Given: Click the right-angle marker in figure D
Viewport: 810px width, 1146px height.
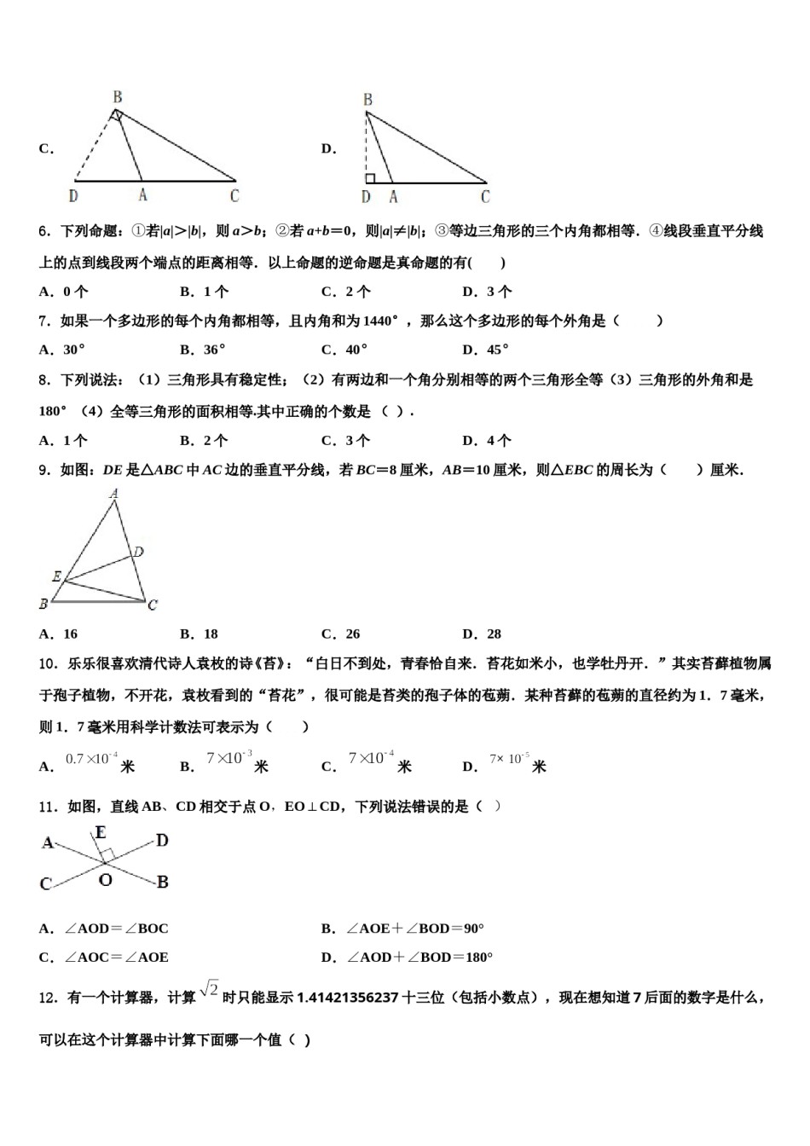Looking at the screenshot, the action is (x=371, y=177).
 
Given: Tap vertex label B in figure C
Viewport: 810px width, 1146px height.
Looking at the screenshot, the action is (x=118, y=97).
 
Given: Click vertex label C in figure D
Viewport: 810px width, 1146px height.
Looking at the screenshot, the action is (x=485, y=197).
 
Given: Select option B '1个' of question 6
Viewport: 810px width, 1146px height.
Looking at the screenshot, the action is (x=205, y=292).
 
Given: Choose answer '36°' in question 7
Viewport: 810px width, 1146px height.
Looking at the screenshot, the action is (x=205, y=349).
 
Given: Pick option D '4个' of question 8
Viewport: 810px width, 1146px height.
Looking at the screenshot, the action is (x=487, y=440).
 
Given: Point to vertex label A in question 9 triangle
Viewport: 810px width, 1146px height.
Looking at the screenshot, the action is (x=114, y=494).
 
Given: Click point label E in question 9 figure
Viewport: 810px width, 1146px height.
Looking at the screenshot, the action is (x=57, y=577).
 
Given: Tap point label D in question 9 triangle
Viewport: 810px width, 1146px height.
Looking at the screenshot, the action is (x=138, y=552).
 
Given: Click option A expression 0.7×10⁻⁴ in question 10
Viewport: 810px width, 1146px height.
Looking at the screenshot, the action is (x=91, y=759).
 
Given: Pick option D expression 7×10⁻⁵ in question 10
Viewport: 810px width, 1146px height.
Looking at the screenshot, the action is (x=509, y=759).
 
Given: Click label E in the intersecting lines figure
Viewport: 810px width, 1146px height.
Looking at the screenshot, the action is (x=101, y=832).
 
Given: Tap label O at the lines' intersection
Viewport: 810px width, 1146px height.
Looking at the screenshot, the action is (x=105, y=879).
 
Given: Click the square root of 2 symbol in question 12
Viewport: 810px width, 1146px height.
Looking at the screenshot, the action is (x=209, y=989).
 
